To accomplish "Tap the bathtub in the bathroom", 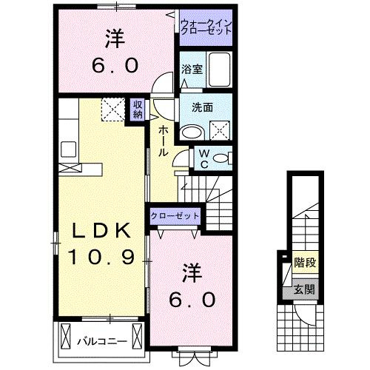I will coord(220,70).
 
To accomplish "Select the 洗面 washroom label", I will coord(202,107).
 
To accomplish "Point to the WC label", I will coord(203,158).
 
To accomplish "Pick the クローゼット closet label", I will coord(175,215).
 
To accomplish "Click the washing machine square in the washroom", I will coord(220,132).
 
